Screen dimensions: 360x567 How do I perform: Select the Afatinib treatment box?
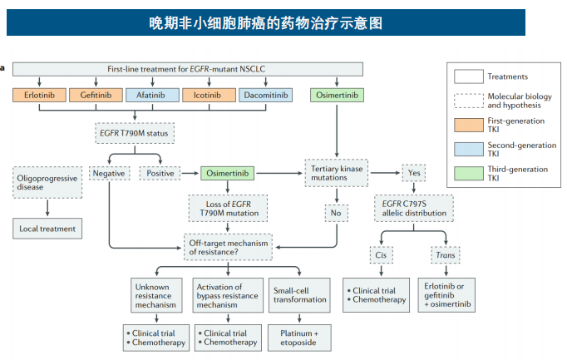coord(151,96)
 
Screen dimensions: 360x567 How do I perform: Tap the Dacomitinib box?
coord(266,96)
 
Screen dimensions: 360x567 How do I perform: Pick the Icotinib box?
coord(209,96)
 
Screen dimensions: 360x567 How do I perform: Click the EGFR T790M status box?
coord(136,133)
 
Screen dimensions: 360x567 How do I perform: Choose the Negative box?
coord(109,174)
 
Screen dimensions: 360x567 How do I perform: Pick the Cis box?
coord(379,254)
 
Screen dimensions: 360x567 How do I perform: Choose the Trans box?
coord(444,254)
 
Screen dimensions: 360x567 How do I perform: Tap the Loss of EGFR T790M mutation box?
coord(222,208)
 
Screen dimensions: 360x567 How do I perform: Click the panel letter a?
coord(3,67)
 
